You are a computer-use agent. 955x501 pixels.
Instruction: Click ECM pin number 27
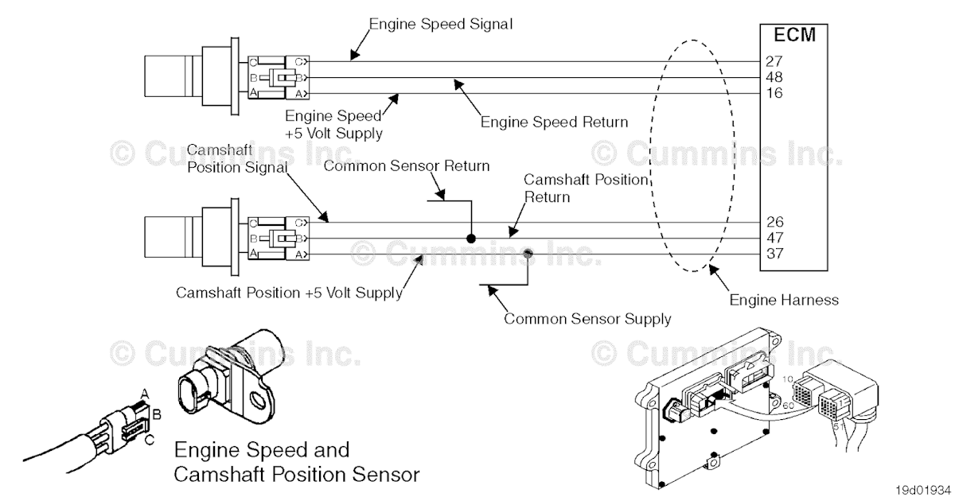tap(774, 61)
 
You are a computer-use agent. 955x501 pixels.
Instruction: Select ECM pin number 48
tap(774, 77)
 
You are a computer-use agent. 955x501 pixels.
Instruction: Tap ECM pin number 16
tap(774, 93)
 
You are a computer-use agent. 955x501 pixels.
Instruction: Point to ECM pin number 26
tap(774, 222)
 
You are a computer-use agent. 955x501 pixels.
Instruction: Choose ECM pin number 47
tap(774, 238)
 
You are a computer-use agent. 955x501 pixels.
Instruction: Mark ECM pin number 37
tap(774, 254)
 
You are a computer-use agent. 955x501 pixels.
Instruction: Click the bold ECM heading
tap(794, 35)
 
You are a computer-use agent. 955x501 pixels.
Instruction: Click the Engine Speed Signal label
tap(440, 24)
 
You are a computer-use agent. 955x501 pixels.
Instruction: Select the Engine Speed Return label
tap(554, 122)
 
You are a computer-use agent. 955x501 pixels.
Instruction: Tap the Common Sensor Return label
tap(407, 166)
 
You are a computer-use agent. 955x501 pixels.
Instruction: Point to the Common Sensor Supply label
tap(587, 319)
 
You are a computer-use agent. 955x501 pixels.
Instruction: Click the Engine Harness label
tap(784, 300)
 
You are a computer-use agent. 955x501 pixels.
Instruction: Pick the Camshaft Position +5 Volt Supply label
tap(289, 292)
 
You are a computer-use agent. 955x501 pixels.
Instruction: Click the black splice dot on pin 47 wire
tap(471, 238)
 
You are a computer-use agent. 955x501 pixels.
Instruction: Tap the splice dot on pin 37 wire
tap(528, 254)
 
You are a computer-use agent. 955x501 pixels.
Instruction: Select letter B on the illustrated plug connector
tap(157, 414)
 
